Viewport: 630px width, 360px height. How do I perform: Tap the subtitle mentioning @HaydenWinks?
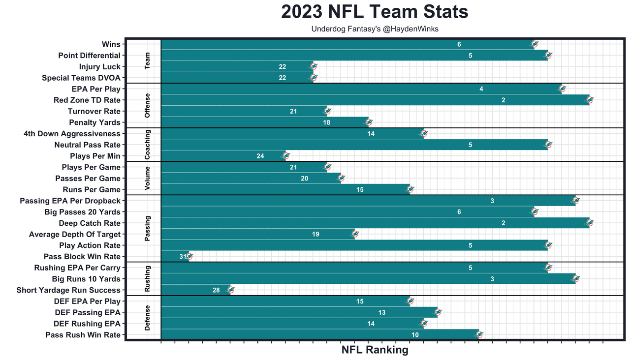375,29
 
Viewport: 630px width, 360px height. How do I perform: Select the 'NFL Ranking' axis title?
375,350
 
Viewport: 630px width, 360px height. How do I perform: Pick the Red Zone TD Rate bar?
374,100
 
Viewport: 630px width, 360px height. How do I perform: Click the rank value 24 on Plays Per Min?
260,156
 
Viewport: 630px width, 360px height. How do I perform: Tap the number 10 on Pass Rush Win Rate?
415,335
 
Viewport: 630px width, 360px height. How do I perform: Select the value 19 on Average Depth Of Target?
315,235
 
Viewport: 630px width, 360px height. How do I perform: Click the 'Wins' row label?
111,44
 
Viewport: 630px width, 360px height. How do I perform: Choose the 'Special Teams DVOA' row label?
81,78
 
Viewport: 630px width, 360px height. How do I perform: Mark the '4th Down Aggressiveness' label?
72,134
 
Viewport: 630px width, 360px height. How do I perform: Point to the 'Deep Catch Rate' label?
90,223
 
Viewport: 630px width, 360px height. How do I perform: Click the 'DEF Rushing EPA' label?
87,324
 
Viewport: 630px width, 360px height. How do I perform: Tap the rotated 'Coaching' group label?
147,145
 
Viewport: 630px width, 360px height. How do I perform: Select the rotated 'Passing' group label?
147,228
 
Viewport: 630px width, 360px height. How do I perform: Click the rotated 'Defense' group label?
147,318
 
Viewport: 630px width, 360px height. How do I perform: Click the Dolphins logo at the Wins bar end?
535,44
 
